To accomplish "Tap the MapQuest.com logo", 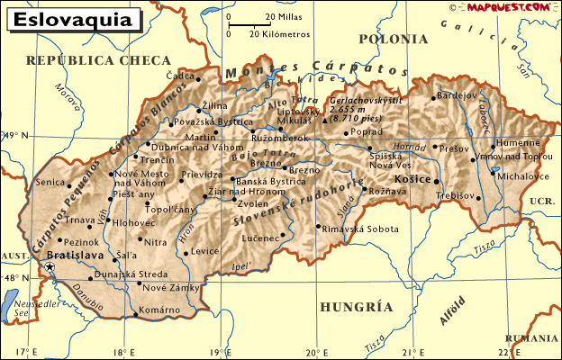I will (509, 7).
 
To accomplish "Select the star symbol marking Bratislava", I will (50, 268).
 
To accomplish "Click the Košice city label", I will (414, 179).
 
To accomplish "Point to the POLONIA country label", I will (393, 40).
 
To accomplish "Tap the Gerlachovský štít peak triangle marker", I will (325, 119).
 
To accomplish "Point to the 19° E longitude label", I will (217, 352).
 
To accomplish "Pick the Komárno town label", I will (163, 313).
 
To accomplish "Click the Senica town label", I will (50, 182).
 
